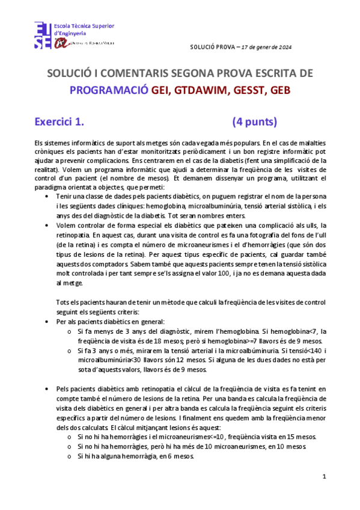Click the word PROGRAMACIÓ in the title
[109, 90]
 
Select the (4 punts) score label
[254, 122]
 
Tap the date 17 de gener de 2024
[260, 46]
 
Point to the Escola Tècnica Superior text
[84, 26]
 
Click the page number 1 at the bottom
[324, 477]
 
